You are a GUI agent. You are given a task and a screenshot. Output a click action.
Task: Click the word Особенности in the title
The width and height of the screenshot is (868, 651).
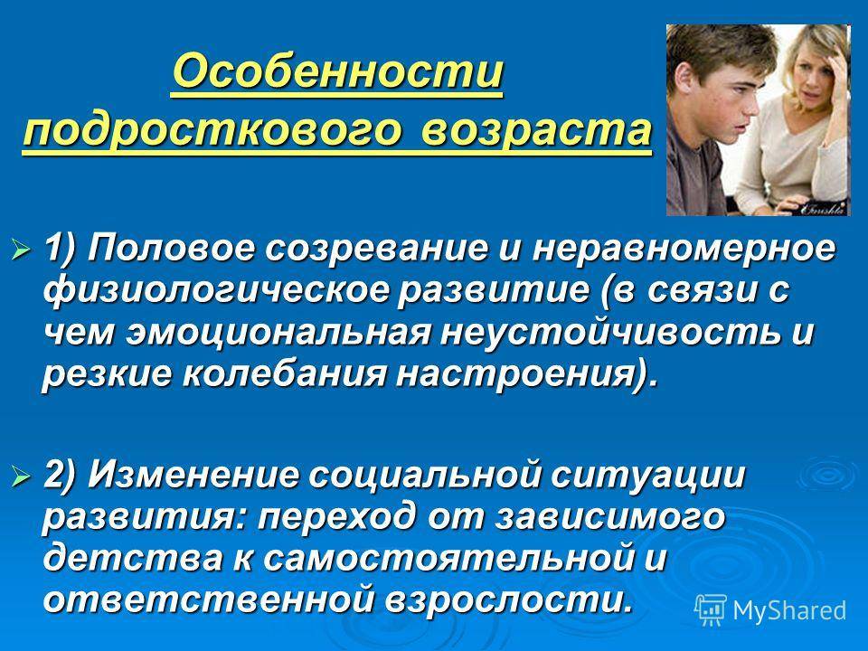point(337,72)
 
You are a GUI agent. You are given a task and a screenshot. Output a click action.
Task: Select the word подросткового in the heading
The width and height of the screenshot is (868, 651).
point(212,131)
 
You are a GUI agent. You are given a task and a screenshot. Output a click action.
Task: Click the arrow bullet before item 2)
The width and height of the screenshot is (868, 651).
point(21,475)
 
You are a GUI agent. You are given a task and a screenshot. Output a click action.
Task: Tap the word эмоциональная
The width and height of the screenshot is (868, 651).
point(278,333)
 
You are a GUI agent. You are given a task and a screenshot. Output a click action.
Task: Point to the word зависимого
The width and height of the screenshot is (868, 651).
point(609,517)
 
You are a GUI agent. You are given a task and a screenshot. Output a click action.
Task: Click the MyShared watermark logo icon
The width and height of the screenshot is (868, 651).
point(711,610)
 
